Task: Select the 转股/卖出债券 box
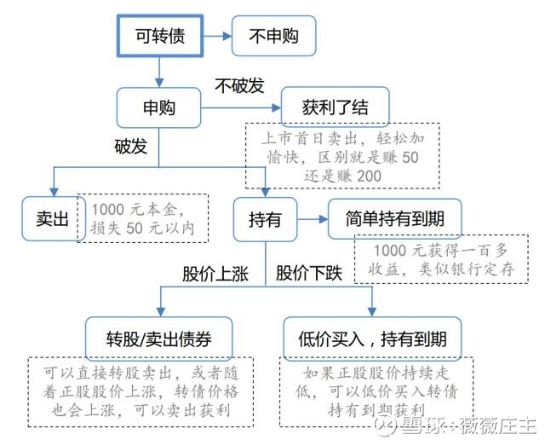[160, 338]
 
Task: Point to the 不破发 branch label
[238, 85]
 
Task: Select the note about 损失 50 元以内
[143, 217]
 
